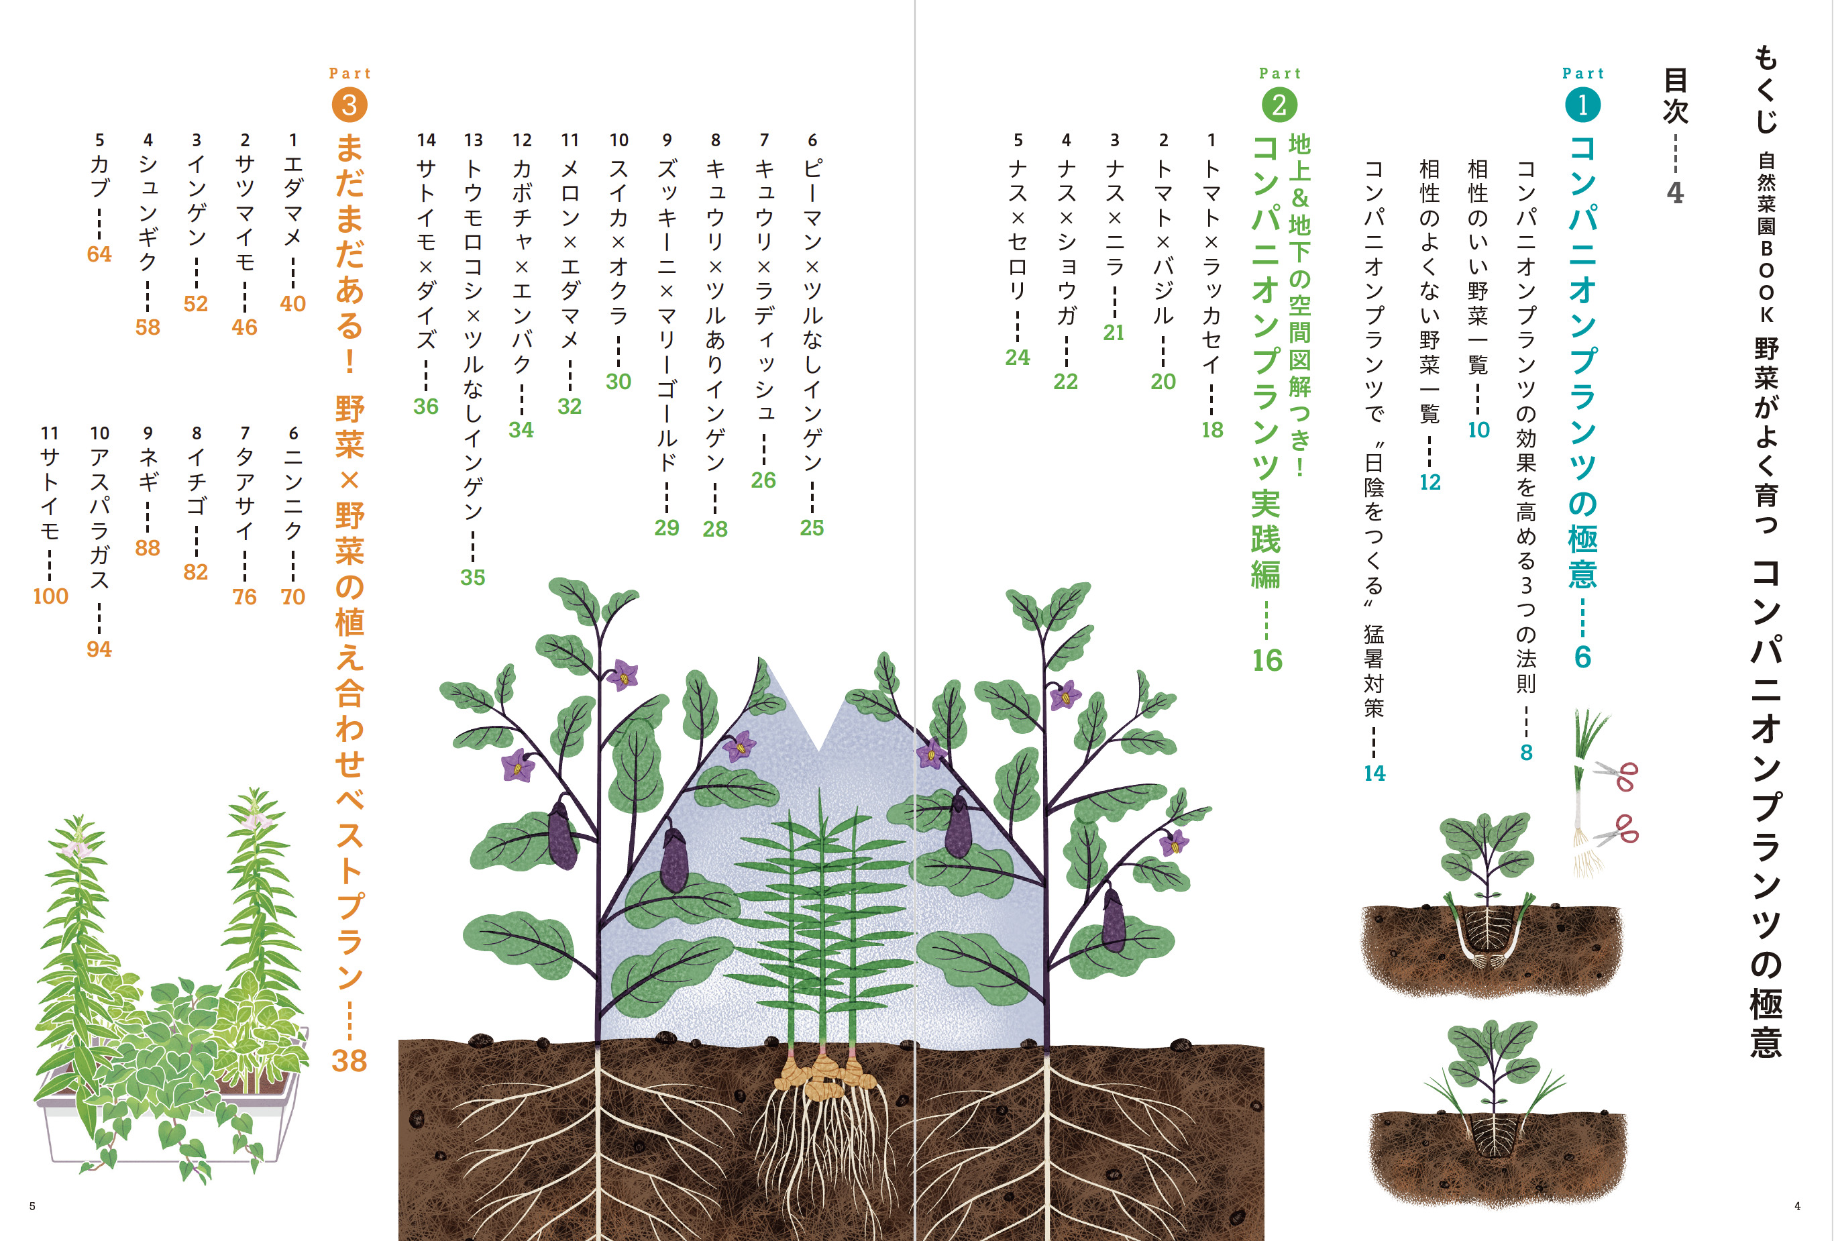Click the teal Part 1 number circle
click(x=1582, y=105)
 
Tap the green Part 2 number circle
click(x=1279, y=105)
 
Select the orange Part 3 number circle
click(x=349, y=105)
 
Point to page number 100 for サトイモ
click(x=50, y=596)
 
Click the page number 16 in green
click(x=1266, y=660)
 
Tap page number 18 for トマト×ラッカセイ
click(x=1212, y=429)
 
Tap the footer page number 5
click(x=32, y=1205)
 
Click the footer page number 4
click(x=1797, y=1205)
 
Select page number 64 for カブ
click(x=99, y=254)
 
